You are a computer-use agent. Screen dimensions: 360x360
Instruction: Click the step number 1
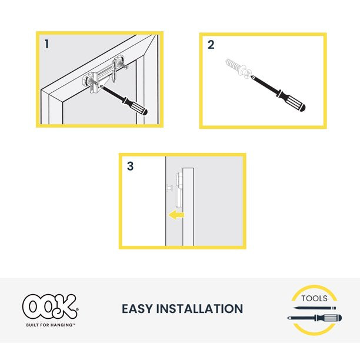(47, 44)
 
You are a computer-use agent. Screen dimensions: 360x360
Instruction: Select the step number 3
(130, 166)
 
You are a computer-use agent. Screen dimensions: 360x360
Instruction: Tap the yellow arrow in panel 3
(175, 215)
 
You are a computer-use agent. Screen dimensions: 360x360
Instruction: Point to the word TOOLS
(314, 298)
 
